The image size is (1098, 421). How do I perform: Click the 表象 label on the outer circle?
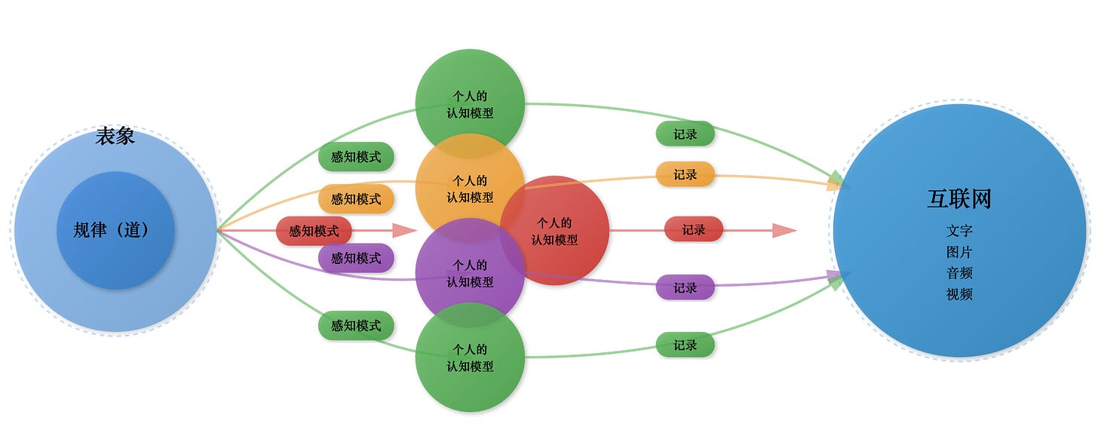click(x=115, y=137)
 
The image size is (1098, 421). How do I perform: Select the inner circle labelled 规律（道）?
click(x=115, y=230)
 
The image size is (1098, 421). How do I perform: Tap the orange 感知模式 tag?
click(x=356, y=199)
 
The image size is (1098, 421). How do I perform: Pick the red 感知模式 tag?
click(x=314, y=231)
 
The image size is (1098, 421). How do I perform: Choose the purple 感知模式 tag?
click(x=356, y=258)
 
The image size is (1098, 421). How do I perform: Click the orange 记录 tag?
click(x=685, y=174)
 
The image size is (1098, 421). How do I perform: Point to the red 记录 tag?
click(x=693, y=229)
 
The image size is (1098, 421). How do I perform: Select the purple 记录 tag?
click(x=685, y=287)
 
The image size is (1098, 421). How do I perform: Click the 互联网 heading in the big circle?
click(x=958, y=198)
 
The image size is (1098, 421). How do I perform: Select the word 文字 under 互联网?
click(x=959, y=231)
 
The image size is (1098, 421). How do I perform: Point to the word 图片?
click(x=959, y=252)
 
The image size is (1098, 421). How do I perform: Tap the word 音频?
click(x=959, y=273)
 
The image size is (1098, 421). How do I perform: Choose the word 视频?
click(x=959, y=294)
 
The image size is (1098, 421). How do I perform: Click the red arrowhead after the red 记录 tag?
click(x=785, y=230)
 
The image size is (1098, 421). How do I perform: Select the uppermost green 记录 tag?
click(x=685, y=134)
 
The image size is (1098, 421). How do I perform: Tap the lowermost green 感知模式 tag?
click(x=356, y=326)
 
